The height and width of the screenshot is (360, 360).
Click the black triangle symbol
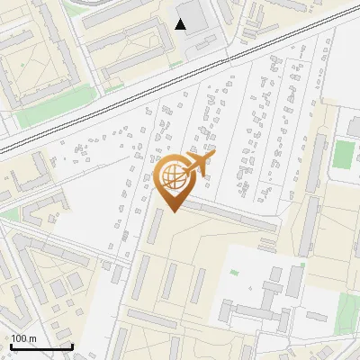tap(181, 24)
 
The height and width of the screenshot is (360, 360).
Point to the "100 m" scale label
tap(23, 338)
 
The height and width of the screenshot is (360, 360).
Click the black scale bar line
tap(41, 346)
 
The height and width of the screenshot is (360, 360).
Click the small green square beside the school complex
tap(234, 273)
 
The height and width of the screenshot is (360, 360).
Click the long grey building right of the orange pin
tap(229, 215)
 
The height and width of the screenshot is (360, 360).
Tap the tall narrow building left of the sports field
tap(318, 155)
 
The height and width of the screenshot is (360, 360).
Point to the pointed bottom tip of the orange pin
tap(172, 212)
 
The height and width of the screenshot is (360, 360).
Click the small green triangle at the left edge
tap(9, 215)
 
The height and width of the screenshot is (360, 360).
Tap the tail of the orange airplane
tap(209, 156)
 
